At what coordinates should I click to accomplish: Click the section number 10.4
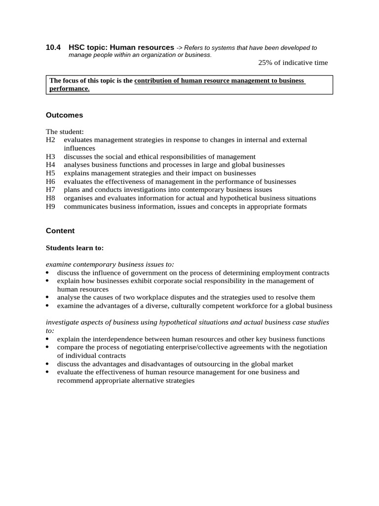53,47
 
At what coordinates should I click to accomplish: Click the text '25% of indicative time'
293,63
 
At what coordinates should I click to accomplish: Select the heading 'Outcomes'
64,115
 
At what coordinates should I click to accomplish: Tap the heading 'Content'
60,231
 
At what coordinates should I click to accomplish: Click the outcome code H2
50,140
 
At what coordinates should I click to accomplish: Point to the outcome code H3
50,157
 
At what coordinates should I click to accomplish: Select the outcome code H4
50,165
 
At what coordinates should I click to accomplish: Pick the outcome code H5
50,173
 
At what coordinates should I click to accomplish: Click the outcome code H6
50,182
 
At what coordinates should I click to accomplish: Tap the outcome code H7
50,190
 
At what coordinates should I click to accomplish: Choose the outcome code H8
50,198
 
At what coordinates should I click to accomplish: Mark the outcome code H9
50,207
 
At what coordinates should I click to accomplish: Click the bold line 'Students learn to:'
75,248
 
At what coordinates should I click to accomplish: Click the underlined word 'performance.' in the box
70,89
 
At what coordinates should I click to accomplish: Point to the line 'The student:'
65,132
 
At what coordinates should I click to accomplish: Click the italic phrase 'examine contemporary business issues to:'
110,264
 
